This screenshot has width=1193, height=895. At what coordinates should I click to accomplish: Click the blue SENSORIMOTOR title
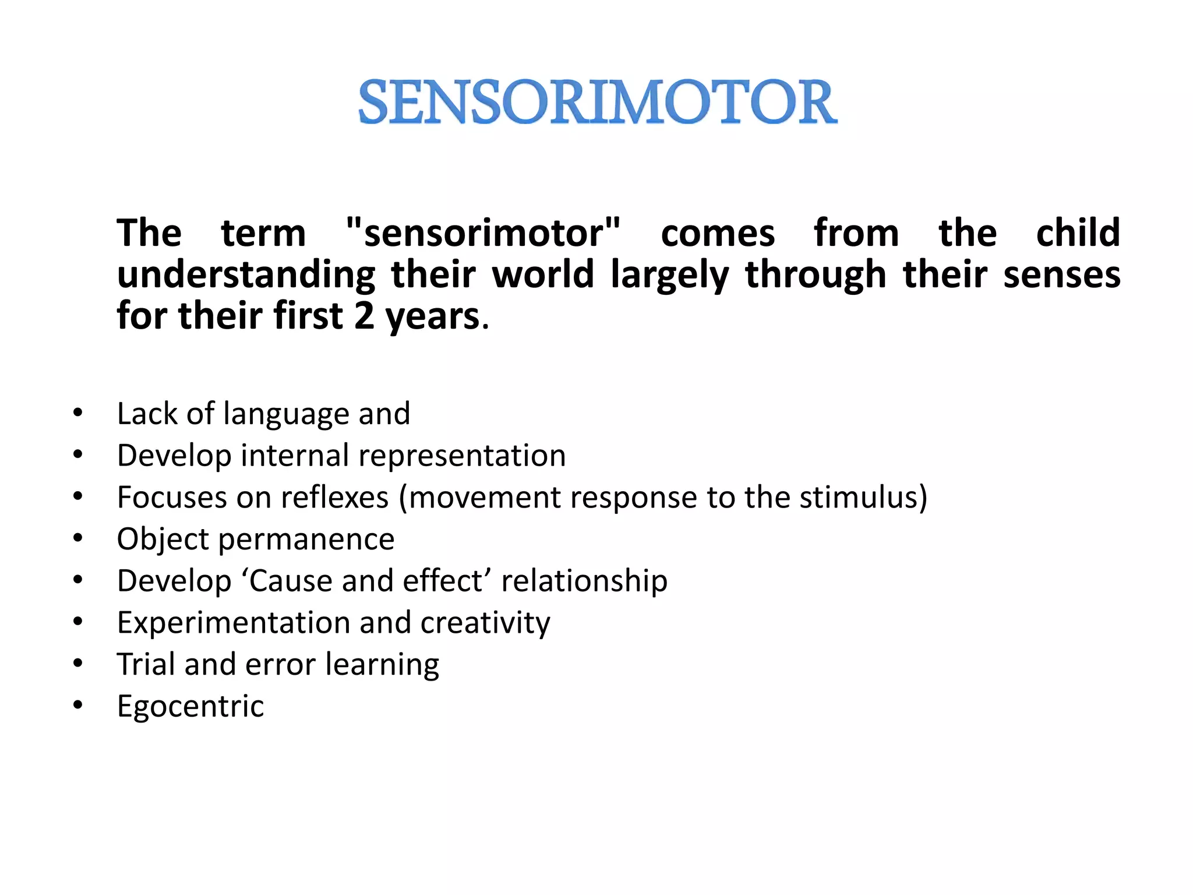(598, 103)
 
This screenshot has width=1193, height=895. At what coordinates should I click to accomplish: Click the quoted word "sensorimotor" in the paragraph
(483, 233)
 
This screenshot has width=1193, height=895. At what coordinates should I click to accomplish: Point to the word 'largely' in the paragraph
(669, 276)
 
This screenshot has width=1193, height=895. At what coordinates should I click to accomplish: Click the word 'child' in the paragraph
(1078, 233)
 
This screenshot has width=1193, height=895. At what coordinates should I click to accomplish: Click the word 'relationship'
(584, 581)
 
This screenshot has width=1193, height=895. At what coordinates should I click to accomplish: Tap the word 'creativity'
(485, 623)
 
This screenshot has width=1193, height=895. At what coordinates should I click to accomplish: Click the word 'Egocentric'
(190, 706)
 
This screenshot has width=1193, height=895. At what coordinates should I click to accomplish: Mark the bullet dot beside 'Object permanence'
(78, 538)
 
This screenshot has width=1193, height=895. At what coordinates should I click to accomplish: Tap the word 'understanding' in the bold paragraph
(246, 276)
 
